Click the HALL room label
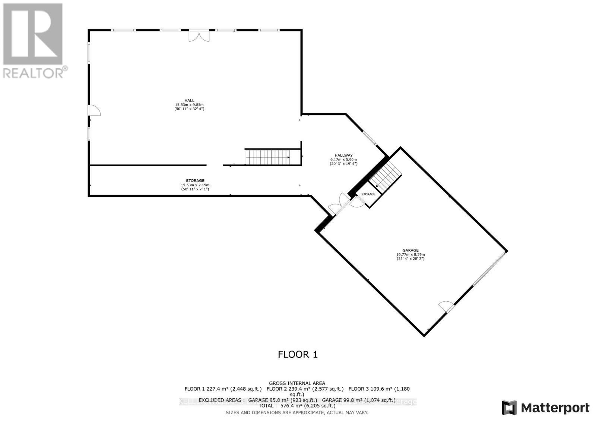tap(189, 100)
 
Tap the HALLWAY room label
tap(343, 155)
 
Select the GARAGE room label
tap(410, 250)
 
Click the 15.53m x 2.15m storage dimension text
tap(195, 185)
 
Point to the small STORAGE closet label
tap(368, 194)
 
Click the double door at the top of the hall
tap(199, 35)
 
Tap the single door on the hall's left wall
tap(94, 110)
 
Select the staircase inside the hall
tap(267, 157)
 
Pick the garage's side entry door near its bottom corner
tap(446, 307)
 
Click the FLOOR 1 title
tap(298, 354)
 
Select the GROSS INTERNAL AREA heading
tap(297, 383)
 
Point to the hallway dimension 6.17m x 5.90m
tap(343, 160)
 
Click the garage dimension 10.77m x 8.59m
tap(410, 255)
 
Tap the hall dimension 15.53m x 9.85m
tap(189, 105)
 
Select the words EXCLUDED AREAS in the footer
tap(221, 400)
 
